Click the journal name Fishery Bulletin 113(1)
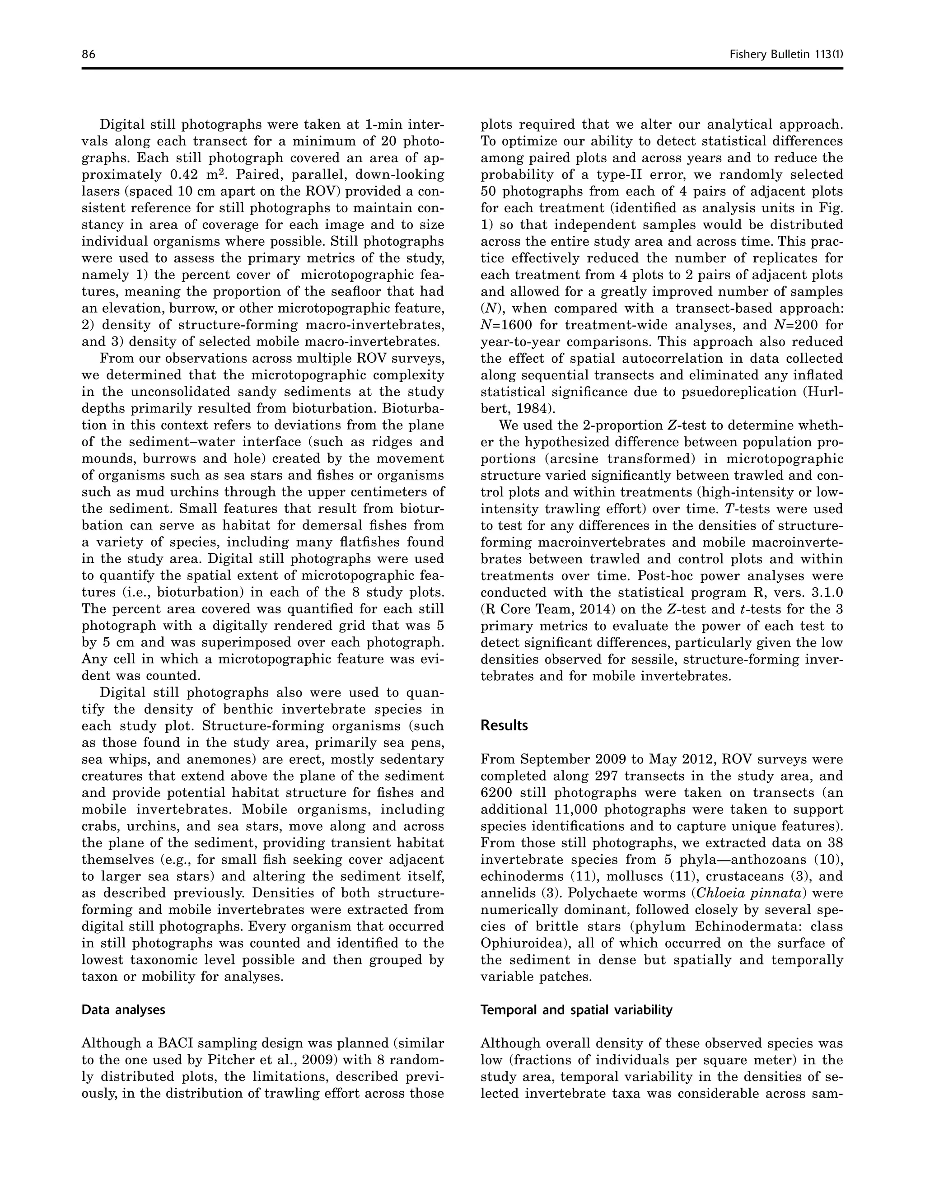click(786, 54)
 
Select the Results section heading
click(504, 726)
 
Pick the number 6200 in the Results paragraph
click(496, 793)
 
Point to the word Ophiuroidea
click(516, 944)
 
